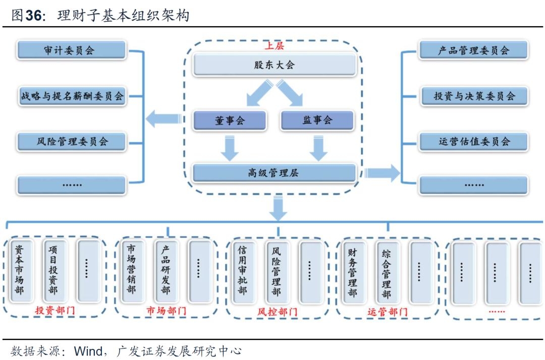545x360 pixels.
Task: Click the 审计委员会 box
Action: [71, 50]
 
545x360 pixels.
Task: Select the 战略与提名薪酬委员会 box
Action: [71, 96]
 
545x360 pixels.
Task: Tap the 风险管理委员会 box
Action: [71, 141]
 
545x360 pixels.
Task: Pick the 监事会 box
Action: [317, 120]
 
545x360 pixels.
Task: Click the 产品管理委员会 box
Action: [473, 50]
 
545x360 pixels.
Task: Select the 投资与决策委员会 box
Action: [473, 96]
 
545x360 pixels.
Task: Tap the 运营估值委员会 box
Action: [473, 141]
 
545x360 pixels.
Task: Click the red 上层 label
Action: [275, 46]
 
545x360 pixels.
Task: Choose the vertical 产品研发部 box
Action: [165, 271]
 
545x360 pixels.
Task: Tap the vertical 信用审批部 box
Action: [242, 271]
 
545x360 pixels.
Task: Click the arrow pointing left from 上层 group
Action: [163, 119]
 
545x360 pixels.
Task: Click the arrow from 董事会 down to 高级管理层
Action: [230, 148]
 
